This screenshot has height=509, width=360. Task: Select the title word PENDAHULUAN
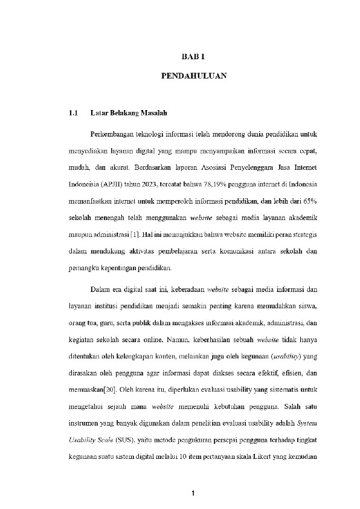[194, 77]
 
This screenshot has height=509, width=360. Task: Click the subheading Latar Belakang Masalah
[128, 113]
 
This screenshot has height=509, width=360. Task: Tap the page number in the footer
[191, 496]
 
